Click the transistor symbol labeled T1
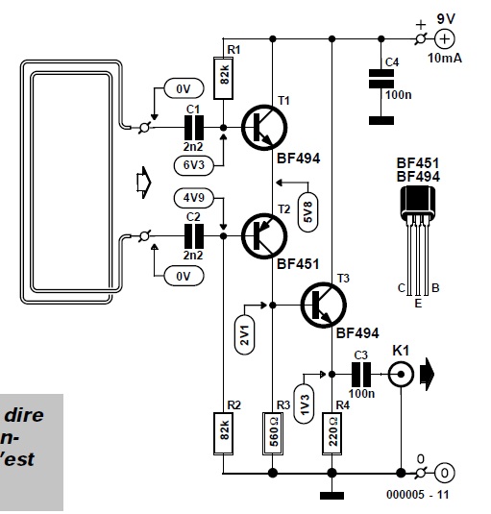pos(264,128)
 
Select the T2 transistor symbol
pos(264,236)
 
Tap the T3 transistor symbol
pos(324,306)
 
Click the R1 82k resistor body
pos(224,78)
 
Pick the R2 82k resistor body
pos(224,433)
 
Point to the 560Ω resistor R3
pos(273,433)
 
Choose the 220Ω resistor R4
pos(332,433)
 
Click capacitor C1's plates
pos(194,128)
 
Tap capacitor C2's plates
pos(194,236)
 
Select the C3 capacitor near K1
pos(361,374)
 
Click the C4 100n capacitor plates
pos(381,79)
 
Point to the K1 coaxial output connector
pos(401,374)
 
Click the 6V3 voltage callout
pos(194,165)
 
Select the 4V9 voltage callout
pos(194,198)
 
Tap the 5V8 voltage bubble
pos(308,211)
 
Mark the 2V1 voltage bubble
pos(245,334)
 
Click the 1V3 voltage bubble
pos(304,404)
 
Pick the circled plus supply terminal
pos(445,39)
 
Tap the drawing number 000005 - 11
pos(418,495)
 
